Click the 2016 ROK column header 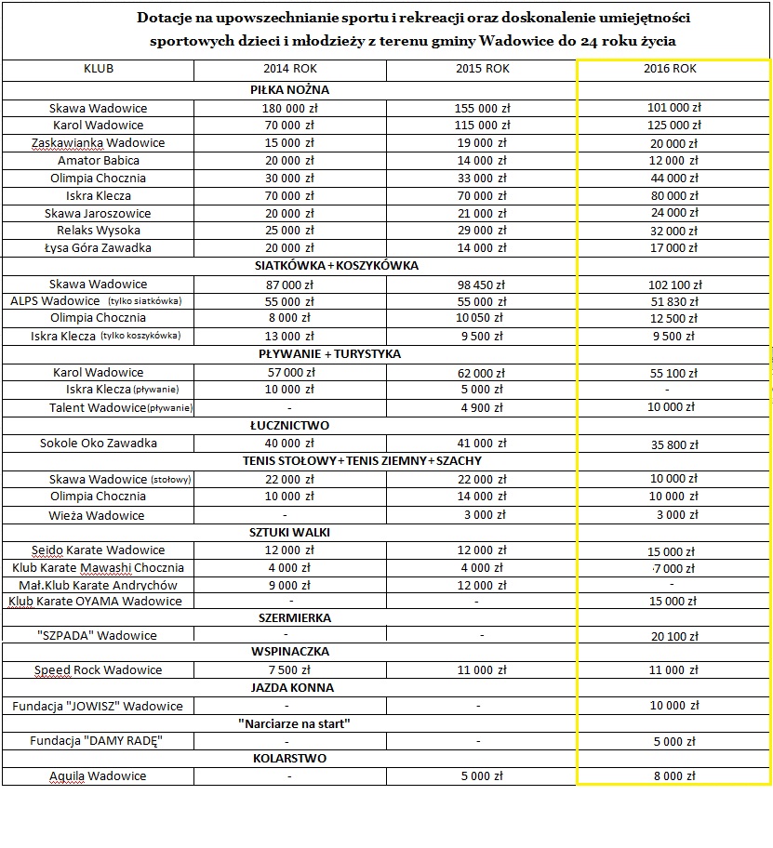click(x=671, y=70)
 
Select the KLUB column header click(x=99, y=70)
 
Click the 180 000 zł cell click(x=291, y=108)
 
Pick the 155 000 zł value click(x=482, y=108)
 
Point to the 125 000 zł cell click(x=674, y=126)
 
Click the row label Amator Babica click(x=99, y=161)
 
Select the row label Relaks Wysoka click(x=99, y=231)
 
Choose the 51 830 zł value click(x=674, y=302)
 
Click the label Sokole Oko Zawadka click(x=99, y=444)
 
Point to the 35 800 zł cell click(x=674, y=445)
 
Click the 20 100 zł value click(x=674, y=637)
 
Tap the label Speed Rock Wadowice click(x=99, y=670)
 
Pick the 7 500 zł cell click(x=290, y=670)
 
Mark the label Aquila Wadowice click(x=98, y=776)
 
